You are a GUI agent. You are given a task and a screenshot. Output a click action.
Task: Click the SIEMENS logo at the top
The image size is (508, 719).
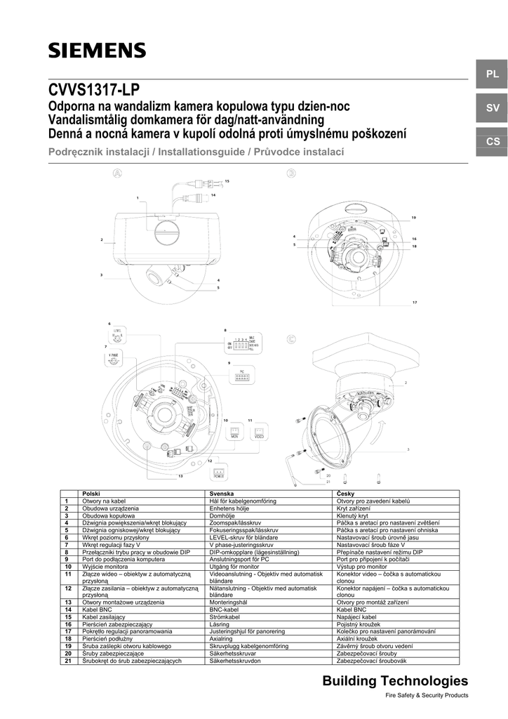[97, 50]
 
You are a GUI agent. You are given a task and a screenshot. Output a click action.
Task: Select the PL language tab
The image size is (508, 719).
[492, 74]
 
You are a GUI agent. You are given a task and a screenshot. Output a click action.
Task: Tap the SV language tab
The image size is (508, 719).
[492, 107]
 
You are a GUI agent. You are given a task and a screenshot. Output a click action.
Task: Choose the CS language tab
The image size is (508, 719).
[492, 142]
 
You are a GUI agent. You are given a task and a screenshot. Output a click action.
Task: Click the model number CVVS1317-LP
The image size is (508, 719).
[94, 91]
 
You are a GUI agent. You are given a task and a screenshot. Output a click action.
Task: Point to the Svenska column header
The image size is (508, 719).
[222, 494]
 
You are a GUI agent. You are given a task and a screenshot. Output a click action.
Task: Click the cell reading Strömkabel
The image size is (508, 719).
[225, 616]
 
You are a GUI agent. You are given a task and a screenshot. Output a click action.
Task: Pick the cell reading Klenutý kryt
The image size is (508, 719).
[357, 515]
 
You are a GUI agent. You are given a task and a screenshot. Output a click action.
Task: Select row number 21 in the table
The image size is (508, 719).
[67, 661]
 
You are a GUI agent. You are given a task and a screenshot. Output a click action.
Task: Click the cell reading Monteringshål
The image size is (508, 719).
[229, 602]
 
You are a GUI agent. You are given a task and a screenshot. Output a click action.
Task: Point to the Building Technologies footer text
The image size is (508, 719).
[394, 681]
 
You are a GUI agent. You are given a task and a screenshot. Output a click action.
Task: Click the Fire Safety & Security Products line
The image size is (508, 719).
[427, 696]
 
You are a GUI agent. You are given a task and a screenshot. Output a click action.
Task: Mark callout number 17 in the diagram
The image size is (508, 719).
[415, 303]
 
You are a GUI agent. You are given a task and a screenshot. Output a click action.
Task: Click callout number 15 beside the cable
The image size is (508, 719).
[227, 181]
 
